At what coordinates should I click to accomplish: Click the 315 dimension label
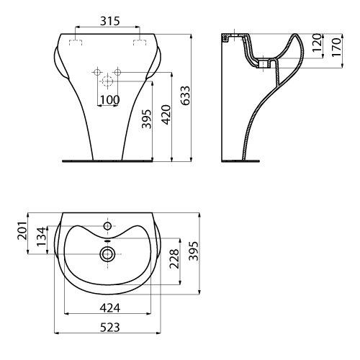pyautogui.click(x=109, y=21)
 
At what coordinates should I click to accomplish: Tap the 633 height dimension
pyautogui.click(x=185, y=96)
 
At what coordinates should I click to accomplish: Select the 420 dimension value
pyautogui.click(x=166, y=114)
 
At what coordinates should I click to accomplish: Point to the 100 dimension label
pyautogui.click(x=109, y=99)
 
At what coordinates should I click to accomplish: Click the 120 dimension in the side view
pyautogui.click(x=317, y=42)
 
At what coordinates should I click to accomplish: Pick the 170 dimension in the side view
pyautogui.click(x=336, y=47)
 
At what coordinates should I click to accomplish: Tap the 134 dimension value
pyautogui.click(x=41, y=237)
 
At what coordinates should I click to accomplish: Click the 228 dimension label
pyautogui.click(x=174, y=258)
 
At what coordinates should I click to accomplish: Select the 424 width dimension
pyautogui.click(x=110, y=308)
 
